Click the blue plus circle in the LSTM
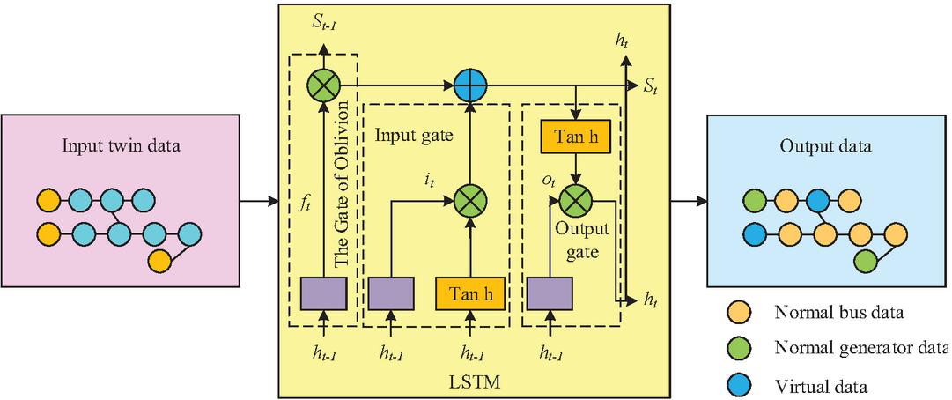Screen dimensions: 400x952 (x=470, y=85)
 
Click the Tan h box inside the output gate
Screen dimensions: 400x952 (x=574, y=137)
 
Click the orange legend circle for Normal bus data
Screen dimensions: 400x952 (x=738, y=312)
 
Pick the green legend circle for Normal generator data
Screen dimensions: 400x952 (x=738, y=349)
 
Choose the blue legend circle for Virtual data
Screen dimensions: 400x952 (x=738, y=385)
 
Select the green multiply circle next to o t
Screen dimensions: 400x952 (x=574, y=202)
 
